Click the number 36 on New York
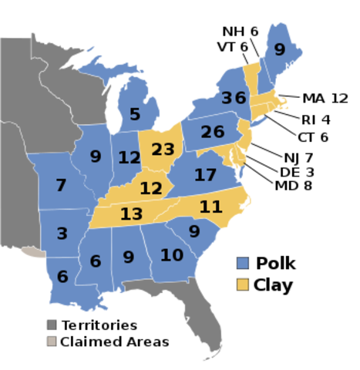pyautogui.click(x=233, y=98)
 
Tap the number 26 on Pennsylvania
pyautogui.click(x=212, y=132)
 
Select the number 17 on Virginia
pyautogui.click(x=205, y=175)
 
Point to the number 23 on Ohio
pyautogui.click(x=163, y=149)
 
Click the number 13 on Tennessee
pyautogui.click(x=131, y=214)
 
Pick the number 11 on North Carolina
pyautogui.click(x=210, y=206)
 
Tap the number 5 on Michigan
pyautogui.click(x=135, y=114)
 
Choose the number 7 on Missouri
pyautogui.click(x=62, y=185)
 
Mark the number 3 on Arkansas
pyautogui.click(x=62, y=234)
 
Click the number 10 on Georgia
pyautogui.click(x=172, y=254)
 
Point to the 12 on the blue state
pyautogui.click(x=130, y=158)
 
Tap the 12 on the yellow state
pyautogui.click(x=151, y=187)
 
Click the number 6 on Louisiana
pyautogui.click(x=62, y=277)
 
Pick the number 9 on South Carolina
pyautogui.click(x=194, y=230)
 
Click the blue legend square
pyautogui.click(x=243, y=263)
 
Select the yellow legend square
pyautogui.click(x=243, y=284)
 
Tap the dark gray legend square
pyautogui.click(x=52, y=325)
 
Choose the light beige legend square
pyautogui.click(x=52, y=341)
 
